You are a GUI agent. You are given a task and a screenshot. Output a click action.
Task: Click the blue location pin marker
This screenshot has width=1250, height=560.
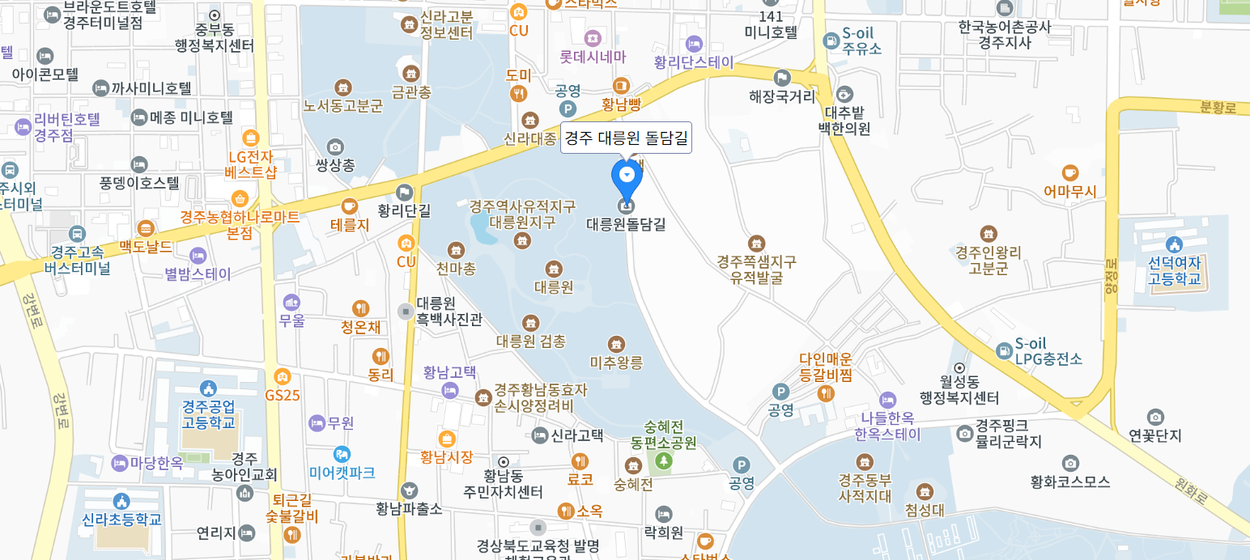pos(626,174)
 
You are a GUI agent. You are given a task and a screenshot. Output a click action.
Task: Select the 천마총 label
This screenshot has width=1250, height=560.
pos(456,268)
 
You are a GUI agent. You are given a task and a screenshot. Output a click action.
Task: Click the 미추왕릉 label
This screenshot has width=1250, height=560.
pos(616,363)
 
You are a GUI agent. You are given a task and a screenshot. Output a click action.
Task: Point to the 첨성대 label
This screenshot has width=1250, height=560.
pos(924,510)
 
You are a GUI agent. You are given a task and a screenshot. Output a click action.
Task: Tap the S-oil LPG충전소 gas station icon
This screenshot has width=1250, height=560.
pos(1004,350)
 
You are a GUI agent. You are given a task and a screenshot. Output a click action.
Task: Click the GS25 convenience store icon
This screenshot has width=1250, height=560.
pos(282,376)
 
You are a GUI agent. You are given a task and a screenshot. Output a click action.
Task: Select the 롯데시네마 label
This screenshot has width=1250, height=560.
pos(593,57)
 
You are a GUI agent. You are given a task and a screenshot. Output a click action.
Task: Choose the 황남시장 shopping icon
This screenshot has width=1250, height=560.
pos(446,439)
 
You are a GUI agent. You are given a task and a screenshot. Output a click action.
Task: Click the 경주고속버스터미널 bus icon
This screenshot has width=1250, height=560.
pos(77,234)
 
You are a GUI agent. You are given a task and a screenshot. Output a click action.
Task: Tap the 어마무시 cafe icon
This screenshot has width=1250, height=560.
pos(1069,172)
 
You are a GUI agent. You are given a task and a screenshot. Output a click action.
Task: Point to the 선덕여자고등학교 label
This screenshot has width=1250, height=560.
pos(1174,271)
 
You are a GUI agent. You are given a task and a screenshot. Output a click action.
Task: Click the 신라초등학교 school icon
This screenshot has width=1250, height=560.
pos(121,501)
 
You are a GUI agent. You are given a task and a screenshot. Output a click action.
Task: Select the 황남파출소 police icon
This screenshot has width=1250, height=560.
pos(409,490)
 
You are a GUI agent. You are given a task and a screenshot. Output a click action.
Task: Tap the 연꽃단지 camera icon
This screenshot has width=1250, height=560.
pos(1155,417)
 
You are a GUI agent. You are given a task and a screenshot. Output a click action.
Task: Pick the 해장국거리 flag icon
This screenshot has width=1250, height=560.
pos(781,78)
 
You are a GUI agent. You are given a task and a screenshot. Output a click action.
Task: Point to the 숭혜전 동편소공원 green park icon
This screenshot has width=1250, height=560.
pos(664,460)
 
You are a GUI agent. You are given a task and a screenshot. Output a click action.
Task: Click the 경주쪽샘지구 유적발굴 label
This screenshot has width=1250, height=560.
pos(756,270)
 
